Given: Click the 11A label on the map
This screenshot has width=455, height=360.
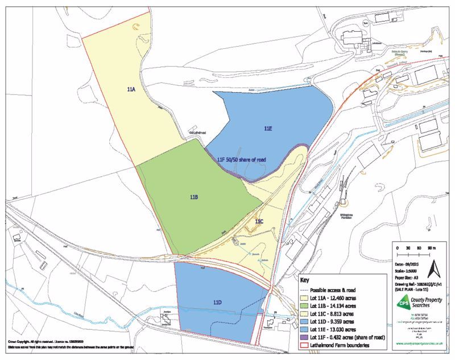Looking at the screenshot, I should click(131, 90).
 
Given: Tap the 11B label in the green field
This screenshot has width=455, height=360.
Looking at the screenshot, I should click(193, 197).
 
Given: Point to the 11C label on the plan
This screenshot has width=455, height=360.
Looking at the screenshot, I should click(259, 221).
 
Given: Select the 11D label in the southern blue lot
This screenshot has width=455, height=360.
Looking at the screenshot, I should click(217, 301).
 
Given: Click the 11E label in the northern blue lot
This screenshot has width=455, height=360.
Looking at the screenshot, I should click(268, 129).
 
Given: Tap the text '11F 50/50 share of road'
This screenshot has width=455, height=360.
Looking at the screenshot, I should click(241, 160).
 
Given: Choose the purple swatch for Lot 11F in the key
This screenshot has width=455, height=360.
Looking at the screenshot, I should click(304, 337).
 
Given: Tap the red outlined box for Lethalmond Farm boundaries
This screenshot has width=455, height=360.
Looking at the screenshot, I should click(304, 345).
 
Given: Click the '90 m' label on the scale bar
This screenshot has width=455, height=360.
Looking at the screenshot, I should click(431, 249).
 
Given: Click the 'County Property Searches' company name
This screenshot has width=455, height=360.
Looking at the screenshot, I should click(426, 303).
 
